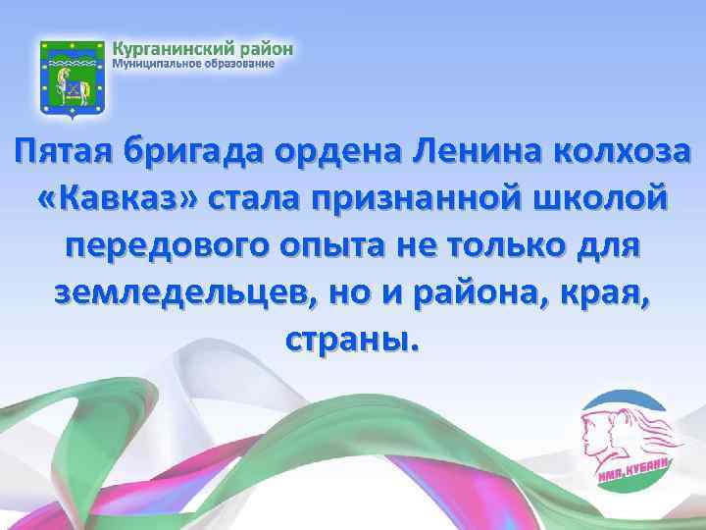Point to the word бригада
[197, 153]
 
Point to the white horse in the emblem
[71, 88]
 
